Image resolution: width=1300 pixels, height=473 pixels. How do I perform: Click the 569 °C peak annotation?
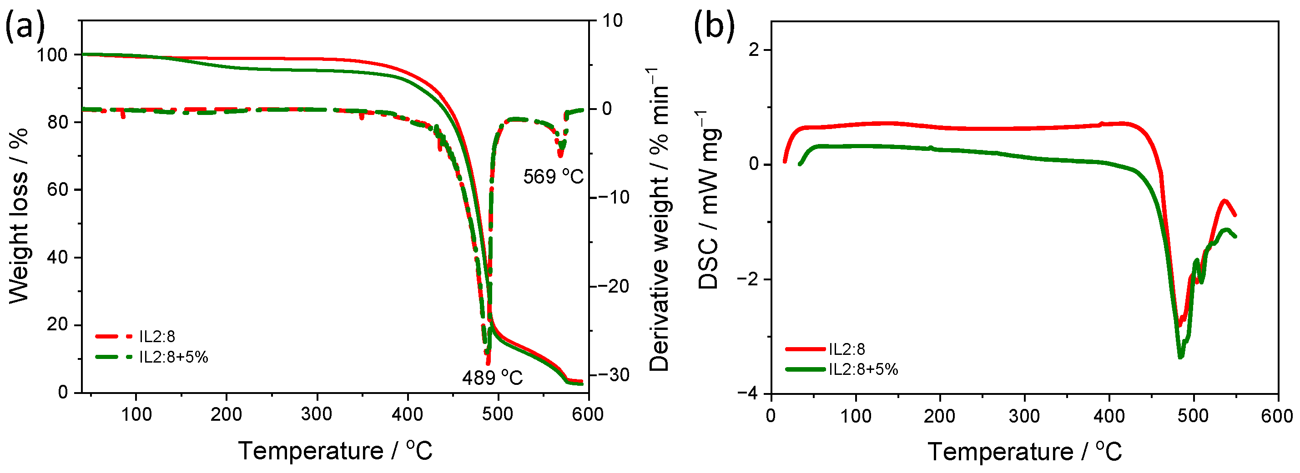pos(553,176)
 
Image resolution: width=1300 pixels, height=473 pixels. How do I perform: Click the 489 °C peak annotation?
pos(492,377)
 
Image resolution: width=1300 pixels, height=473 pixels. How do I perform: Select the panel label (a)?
pos(24,26)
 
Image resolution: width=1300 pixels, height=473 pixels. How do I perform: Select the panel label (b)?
pos(714,26)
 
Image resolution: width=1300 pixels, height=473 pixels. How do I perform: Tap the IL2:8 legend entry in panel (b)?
pos(847,349)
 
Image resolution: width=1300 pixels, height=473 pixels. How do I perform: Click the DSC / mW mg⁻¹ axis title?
pos(709,201)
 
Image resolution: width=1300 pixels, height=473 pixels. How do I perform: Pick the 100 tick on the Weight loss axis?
pos(52,55)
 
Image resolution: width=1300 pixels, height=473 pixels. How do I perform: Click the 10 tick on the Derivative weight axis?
pos(612,21)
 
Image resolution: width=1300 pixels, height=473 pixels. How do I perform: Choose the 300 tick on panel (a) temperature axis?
pos(317,414)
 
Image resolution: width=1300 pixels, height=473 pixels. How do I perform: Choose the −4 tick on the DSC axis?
pos(749,393)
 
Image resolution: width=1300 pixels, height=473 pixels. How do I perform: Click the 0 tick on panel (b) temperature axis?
pos(771,416)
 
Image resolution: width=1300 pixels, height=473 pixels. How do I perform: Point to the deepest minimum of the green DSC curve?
pos(1180,357)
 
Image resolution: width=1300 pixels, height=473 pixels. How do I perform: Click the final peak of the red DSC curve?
pos(1224,201)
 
